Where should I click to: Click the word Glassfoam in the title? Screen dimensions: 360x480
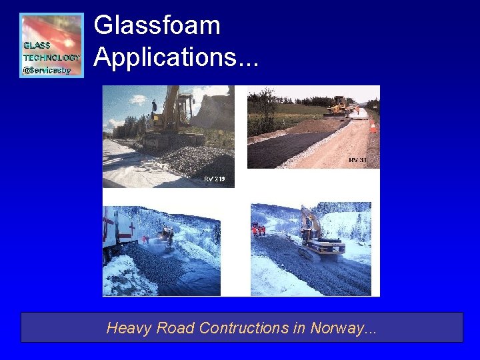(157, 26)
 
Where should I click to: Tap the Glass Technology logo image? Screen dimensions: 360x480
(52, 45)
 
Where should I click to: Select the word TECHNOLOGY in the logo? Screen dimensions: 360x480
(52, 57)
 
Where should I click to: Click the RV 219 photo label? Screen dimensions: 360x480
(214, 179)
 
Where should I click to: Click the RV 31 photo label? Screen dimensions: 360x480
(357, 160)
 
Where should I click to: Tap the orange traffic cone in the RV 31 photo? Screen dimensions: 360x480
(373, 126)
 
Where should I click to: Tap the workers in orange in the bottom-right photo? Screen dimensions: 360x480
(259, 230)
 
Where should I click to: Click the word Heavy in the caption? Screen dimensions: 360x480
(127, 328)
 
